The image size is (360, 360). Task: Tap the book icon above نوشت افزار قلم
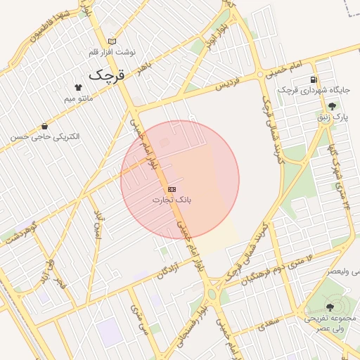tap(112, 42)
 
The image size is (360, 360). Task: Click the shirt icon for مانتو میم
tap(78, 87)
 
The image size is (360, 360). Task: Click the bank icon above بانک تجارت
tap(172, 190)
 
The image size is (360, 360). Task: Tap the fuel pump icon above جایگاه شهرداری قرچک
tap(313, 79)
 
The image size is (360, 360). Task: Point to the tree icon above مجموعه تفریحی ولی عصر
tap(330, 307)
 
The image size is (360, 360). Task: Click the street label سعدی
tap(268, 325)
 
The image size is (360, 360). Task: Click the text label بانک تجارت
tap(172, 200)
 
